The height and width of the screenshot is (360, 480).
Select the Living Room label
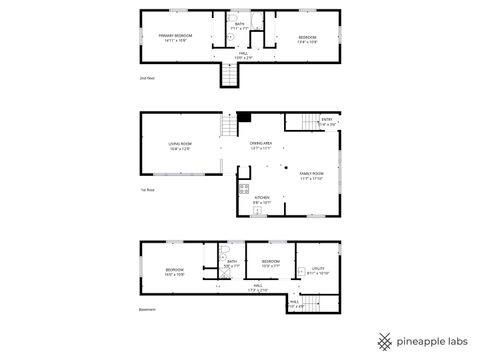coord(180,145)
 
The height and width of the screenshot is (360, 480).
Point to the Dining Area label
coord(262,145)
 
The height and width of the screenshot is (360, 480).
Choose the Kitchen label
coord(261,198)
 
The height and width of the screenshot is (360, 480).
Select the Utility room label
coord(318,267)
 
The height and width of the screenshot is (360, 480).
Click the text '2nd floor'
coord(147,77)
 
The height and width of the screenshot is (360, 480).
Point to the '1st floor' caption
coord(147,189)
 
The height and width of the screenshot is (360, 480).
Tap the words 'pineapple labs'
coord(433,339)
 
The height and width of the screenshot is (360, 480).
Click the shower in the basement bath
coord(211,262)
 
